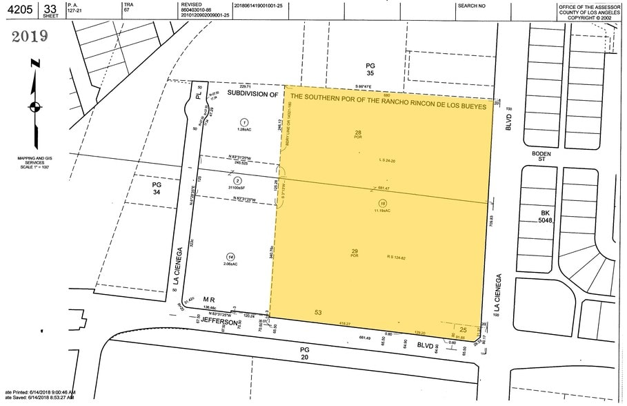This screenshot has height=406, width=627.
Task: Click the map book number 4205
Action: point(19,9)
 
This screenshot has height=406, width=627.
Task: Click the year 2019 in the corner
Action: point(29,37)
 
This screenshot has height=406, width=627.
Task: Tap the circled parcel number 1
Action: point(243,122)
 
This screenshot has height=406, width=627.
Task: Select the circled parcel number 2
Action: point(237,180)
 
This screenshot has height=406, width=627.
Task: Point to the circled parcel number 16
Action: point(382,204)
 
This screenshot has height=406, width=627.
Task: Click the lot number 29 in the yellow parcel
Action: point(355,251)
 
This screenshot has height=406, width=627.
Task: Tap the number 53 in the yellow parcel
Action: point(319,313)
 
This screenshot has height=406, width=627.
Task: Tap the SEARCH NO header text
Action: point(472,6)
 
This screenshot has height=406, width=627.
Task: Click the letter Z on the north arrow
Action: point(35,64)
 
